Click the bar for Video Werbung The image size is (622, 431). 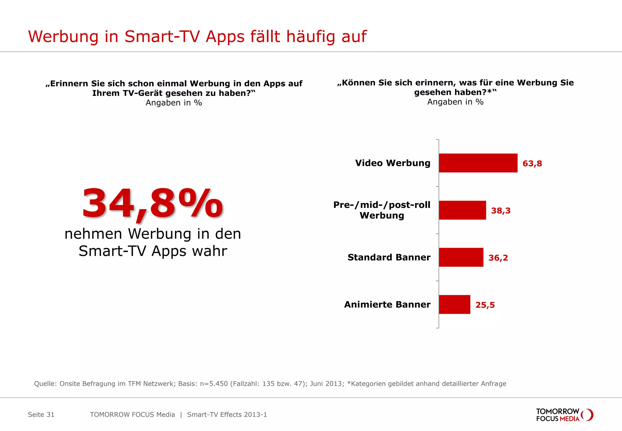coord(478,163)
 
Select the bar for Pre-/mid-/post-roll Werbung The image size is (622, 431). coord(462,210)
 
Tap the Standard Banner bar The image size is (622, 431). coord(461,257)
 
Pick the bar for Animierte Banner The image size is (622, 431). coord(454,304)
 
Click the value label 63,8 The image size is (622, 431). coord(532,164)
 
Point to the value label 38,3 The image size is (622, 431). coord(501,211)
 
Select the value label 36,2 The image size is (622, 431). coord(498,258)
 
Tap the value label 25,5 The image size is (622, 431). coord(485,305)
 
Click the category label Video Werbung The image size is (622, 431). coord(393,163)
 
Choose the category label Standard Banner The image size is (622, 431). coord(389,257)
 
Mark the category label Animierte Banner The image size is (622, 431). coord(387,305)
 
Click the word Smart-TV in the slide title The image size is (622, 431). coord(162,36)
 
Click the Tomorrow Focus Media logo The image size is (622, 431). coord(564,415)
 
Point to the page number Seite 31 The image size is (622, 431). coord(41,415)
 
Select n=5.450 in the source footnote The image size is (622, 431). coord(214,384)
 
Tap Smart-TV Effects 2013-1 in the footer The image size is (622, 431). coord(227,415)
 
